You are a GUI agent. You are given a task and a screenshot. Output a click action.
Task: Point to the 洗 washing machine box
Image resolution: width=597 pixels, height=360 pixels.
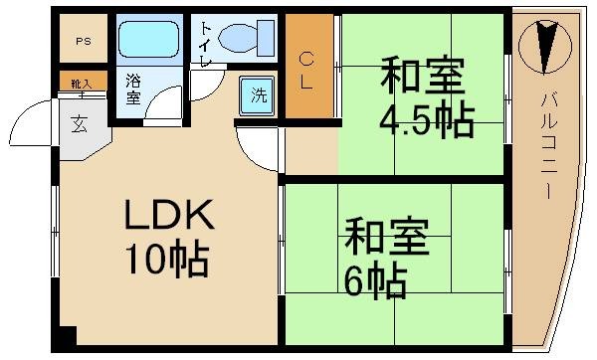pyautogui.click(x=258, y=96)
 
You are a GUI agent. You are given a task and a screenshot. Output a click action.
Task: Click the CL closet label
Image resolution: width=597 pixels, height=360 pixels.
pyautogui.click(x=308, y=70)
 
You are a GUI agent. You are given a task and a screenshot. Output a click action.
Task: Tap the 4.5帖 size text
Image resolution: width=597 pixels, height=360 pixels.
pyautogui.click(x=425, y=121)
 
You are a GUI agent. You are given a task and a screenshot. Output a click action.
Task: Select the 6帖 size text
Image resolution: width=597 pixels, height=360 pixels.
pyautogui.click(x=376, y=282)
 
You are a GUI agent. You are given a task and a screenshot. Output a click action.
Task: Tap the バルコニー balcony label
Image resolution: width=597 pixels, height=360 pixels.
pyautogui.click(x=548, y=144)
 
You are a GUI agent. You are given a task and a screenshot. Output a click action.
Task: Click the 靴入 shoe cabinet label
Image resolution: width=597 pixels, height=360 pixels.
pyautogui.click(x=77, y=84)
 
